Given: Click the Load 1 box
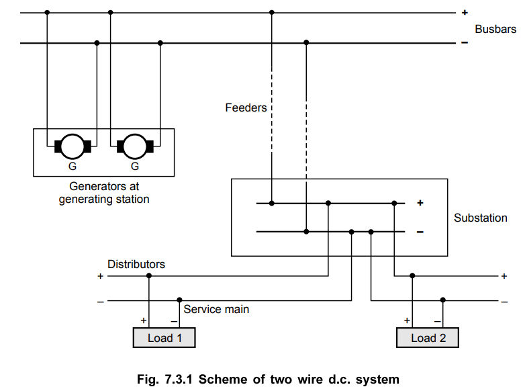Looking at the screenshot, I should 165,337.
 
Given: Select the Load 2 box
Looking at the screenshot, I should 428,337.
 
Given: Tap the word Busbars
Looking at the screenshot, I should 495,29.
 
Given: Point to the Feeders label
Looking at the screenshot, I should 246,107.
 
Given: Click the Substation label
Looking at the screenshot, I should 481,218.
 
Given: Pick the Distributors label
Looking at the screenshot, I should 136,264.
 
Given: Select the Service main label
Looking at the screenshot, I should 216,309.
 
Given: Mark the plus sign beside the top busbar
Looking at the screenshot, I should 464,12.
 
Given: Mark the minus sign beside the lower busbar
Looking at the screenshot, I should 464,43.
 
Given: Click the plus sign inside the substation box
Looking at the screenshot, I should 421,202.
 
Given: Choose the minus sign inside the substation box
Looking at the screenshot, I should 420,232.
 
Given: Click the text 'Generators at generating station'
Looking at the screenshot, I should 104,193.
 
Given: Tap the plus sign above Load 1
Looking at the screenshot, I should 144,320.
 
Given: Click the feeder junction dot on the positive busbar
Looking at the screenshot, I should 271,12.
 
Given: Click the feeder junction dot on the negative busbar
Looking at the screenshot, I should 306,43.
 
